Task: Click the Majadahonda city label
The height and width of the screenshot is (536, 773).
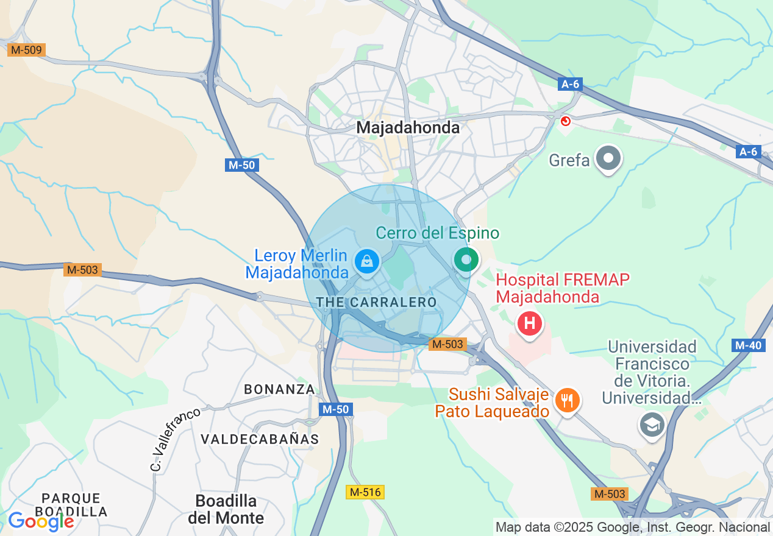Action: pos(408,127)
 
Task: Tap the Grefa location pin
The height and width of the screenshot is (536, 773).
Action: pos(608,159)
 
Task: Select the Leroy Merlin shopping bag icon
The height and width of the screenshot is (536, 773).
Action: pos(366,262)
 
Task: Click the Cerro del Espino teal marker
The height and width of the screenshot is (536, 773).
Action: pos(466,260)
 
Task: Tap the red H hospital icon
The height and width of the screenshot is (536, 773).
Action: pos(529,323)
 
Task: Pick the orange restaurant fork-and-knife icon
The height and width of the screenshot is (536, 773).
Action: pos(568,400)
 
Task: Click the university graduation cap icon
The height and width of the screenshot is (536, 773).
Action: pos(652,424)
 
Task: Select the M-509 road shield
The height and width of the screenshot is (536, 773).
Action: pos(26,50)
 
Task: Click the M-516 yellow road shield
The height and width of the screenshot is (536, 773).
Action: pos(365,492)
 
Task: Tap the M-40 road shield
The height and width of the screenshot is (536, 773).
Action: pos(748,345)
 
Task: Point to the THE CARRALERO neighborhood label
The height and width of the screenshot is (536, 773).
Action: pos(376,302)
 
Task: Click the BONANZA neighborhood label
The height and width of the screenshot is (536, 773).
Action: pos(279,389)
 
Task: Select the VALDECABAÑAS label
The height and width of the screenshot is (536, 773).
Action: pos(260,439)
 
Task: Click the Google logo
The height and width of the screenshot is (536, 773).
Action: pos(40,521)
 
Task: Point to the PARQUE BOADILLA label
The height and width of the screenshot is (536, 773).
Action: pos(71,505)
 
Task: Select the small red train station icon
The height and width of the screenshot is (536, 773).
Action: pos(565,121)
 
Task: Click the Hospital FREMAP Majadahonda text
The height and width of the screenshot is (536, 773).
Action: pos(563,288)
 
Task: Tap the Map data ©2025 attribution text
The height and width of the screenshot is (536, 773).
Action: pos(633,527)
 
